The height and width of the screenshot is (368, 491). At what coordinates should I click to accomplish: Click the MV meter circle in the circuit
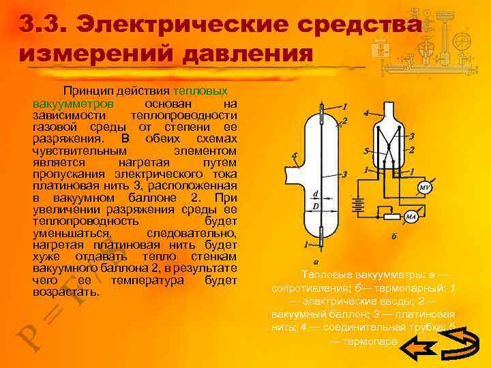click(423, 187)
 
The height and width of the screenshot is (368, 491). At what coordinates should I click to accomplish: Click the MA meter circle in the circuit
click(412, 217)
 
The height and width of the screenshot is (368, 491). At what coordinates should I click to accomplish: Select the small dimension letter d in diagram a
click(314, 194)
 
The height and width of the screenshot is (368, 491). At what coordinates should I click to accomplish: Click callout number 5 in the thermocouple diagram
click(366, 151)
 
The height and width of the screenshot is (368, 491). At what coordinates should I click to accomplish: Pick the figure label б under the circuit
click(393, 236)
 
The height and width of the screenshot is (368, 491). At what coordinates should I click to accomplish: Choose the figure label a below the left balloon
click(316, 260)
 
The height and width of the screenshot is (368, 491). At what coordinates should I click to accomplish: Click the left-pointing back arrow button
click(418, 349)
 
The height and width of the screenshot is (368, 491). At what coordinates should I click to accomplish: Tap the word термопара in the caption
click(372, 341)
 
